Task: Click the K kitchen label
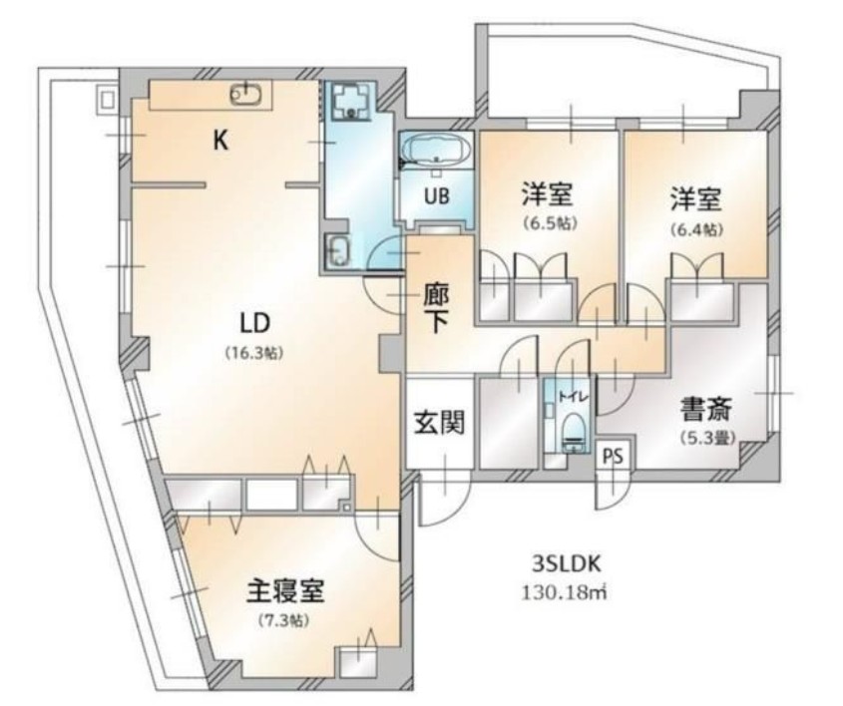[x=220, y=141]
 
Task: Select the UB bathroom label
[x=437, y=195]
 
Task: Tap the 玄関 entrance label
[x=439, y=423]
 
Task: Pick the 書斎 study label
[x=706, y=409]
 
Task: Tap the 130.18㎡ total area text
[x=564, y=591]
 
